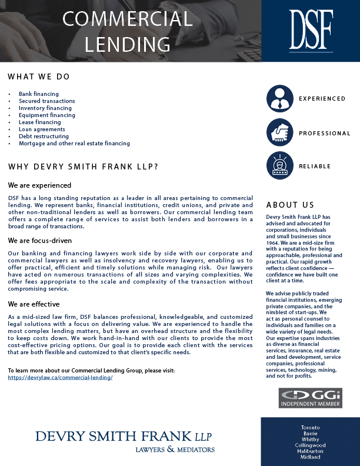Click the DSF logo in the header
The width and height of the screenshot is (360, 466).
coord(311,30)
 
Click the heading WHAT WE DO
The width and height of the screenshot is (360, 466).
coord(39,77)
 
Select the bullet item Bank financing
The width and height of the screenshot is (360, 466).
coord(38,94)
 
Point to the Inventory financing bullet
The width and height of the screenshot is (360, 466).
coord(45,108)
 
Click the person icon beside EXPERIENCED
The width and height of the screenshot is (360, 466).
coord(279,99)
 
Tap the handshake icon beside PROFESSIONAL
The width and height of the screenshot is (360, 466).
coord(279,133)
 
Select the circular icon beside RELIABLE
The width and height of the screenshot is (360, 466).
coord(279,166)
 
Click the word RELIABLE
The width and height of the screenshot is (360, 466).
coord(315,167)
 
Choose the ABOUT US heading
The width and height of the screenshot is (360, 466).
coord(290,205)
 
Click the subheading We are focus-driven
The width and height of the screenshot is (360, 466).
coord(40,241)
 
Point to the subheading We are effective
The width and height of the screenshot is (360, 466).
coord(34,304)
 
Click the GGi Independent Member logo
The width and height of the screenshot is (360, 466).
coord(310,398)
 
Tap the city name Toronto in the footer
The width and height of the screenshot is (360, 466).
coord(310,427)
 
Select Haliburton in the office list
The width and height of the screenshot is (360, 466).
coord(310,451)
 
